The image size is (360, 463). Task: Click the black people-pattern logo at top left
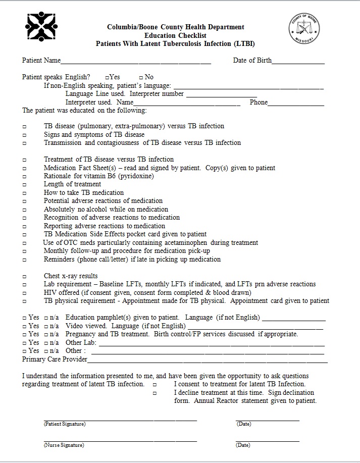(41, 26)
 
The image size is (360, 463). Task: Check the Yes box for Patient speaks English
(108, 77)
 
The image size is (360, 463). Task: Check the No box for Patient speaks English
(141, 77)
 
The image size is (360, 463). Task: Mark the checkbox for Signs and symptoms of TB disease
(24, 135)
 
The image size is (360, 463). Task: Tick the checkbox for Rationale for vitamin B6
(24, 177)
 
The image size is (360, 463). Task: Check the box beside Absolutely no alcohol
(24, 210)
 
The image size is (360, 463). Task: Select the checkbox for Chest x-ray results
(24, 277)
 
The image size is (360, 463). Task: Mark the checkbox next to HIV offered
(24, 293)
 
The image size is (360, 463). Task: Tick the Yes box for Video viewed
(24, 326)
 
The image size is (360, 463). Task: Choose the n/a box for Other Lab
(46, 343)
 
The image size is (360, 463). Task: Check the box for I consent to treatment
(155, 385)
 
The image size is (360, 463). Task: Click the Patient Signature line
(120, 419)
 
